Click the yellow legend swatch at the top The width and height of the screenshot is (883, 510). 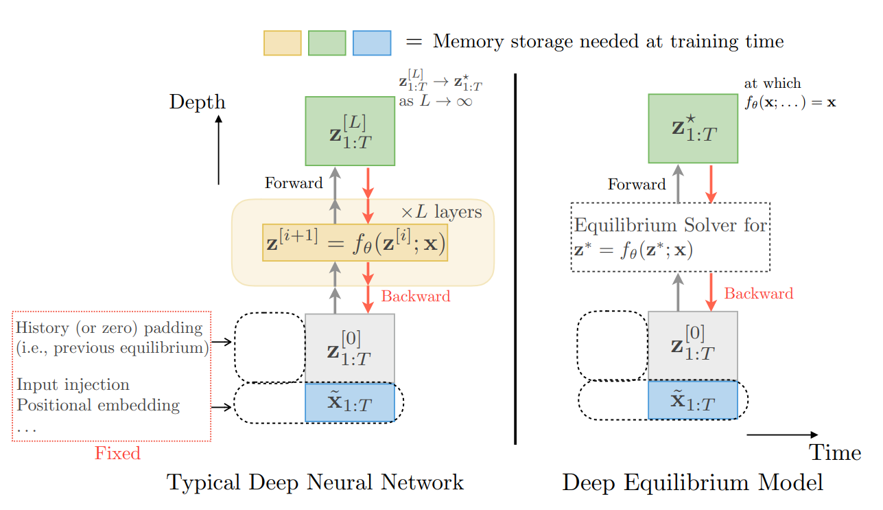point(282,43)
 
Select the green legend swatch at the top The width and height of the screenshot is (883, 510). point(327,43)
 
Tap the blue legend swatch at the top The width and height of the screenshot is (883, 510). point(371,43)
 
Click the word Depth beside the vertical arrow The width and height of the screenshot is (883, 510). point(198,102)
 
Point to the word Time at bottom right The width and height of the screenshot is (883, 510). point(835,453)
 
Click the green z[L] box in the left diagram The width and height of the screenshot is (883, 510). point(350,131)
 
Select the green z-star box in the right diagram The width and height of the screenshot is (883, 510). point(693,129)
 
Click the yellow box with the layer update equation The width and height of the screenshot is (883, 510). point(355,242)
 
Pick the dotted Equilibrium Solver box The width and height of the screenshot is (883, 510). point(670,237)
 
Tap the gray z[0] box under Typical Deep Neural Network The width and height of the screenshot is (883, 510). point(350,347)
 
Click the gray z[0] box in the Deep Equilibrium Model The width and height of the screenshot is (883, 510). point(693,346)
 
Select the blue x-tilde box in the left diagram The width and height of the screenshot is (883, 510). point(350,402)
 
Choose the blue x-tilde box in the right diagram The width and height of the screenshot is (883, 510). point(693,399)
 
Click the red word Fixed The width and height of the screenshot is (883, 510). point(117,453)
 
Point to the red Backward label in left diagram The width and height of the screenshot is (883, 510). point(416,296)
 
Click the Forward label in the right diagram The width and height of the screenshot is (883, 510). point(637,184)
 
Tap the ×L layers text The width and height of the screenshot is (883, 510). point(441,212)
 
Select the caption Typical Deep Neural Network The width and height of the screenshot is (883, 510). point(316,483)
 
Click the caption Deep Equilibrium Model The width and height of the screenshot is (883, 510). point(693,483)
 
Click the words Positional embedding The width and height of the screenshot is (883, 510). point(98,405)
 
